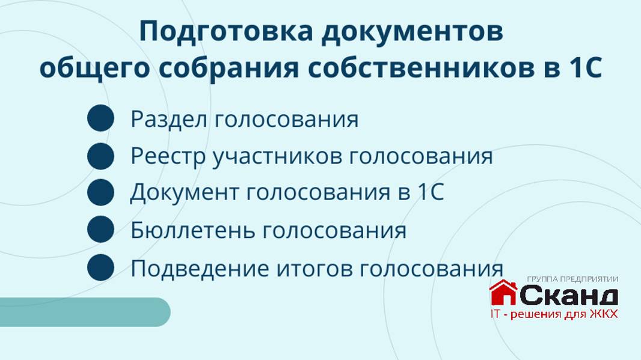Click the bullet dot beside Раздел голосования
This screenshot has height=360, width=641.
[x=100, y=118]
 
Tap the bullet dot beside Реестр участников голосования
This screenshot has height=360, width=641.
[x=100, y=156]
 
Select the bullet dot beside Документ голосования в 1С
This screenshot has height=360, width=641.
[x=100, y=193]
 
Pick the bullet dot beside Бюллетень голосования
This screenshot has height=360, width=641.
[x=100, y=230]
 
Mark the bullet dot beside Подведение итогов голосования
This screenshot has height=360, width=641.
[x=100, y=267]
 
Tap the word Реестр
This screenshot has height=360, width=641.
[x=168, y=157]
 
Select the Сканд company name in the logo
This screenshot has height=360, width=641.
[x=568, y=295]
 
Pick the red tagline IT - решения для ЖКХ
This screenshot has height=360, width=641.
[x=554, y=314]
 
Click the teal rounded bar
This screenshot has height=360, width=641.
[x=84, y=312]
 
